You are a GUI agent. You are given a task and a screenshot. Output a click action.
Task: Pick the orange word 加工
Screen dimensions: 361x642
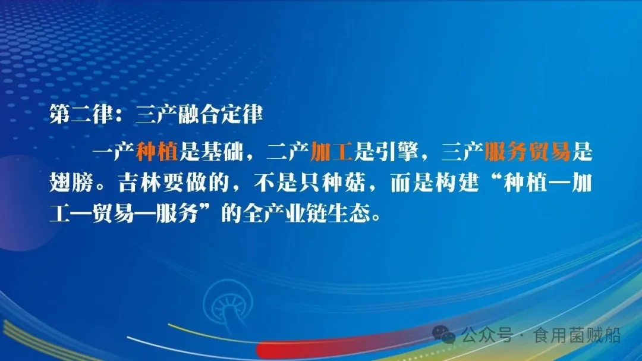(x=332, y=152)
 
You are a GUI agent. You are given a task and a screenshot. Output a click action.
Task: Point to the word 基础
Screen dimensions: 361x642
(x=222, y=152)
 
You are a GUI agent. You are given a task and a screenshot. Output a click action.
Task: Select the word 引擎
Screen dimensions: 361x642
(x=397, y=152)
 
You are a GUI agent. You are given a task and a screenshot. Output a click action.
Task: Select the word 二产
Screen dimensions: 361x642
(x=288, y=152)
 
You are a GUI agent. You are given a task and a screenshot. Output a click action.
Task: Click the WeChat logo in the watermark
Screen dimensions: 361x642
(x=444, y=336)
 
